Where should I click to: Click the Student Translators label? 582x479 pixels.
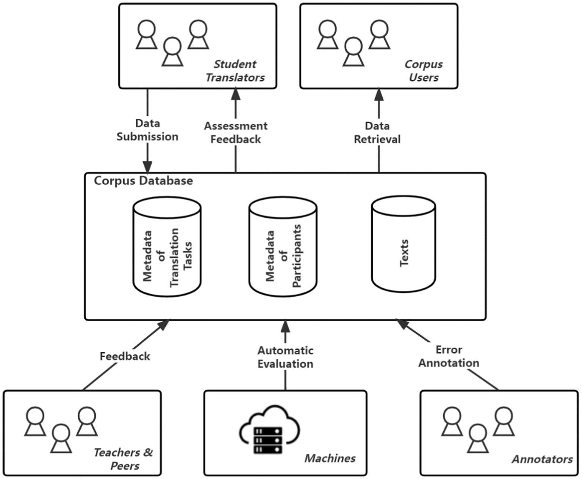click(235, 71)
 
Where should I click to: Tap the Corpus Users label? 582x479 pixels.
click(424, 71)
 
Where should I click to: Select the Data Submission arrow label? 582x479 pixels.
click(147, 130)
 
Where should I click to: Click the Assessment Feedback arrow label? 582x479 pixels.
click(235, 133)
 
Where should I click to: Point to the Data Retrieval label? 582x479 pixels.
click(377, 133)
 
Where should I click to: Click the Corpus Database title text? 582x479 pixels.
click(143, 181)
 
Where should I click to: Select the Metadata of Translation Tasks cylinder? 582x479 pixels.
click(167, 247)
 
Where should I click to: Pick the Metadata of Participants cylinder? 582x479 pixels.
click(283, 247)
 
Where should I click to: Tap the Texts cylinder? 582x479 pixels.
click(403, 245)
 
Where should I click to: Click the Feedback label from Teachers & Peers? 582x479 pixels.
click(125, 357)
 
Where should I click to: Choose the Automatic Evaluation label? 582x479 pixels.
click(285, 357)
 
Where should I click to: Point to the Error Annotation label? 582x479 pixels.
click(449, 357)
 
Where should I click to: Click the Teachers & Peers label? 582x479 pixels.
click(124, 459)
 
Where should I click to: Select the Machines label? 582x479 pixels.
click(330, 459)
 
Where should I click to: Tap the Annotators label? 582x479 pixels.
click(542, 459)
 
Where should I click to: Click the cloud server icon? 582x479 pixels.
click(269, 430)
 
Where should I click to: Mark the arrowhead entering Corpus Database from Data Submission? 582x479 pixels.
click(147, 167)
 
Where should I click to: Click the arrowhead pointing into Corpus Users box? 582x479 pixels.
click(379, 94)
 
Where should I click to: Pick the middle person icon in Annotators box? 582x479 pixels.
click(478, 439)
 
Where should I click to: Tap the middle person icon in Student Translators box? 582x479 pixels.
click(173, 52)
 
